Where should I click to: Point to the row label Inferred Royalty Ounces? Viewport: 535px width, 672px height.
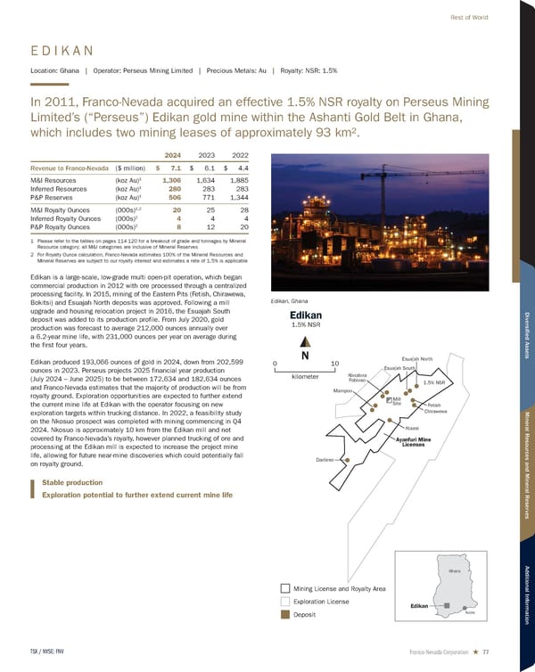(x=63, y=218)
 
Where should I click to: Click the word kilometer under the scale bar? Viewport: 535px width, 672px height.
(x=303, y=377)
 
